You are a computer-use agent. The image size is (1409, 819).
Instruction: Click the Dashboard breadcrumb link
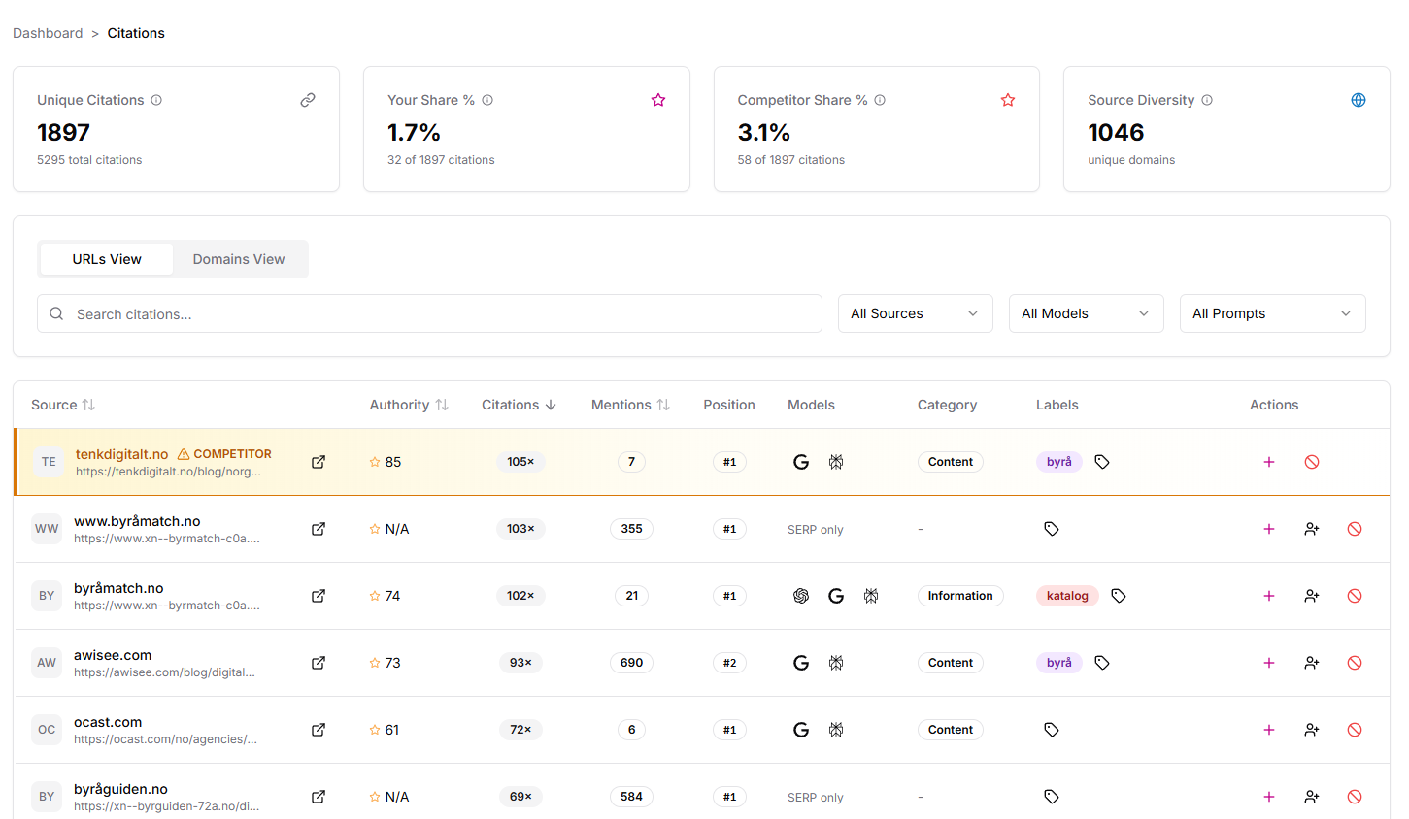48,33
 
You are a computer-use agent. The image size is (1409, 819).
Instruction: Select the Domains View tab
239,259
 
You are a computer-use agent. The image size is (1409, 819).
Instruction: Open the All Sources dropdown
915,313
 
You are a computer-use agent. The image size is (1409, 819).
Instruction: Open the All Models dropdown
1086,313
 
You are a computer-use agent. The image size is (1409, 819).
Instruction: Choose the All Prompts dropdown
1272,313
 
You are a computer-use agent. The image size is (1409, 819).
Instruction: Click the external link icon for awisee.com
319,663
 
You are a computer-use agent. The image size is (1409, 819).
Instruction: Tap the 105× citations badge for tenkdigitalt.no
520,462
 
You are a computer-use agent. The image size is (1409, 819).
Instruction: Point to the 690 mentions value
631,663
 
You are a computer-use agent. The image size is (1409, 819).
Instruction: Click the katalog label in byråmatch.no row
1067,596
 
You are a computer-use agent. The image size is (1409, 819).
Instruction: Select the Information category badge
959,596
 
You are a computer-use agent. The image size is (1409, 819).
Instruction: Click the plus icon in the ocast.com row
1269,730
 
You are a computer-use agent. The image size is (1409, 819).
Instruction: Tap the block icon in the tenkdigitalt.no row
1312,462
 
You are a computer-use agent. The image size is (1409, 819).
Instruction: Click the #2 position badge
729,663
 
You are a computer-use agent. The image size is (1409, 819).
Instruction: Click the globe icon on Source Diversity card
1359,100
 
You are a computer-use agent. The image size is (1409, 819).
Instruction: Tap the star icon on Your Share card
658,100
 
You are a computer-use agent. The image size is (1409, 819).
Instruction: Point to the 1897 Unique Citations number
64,132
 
